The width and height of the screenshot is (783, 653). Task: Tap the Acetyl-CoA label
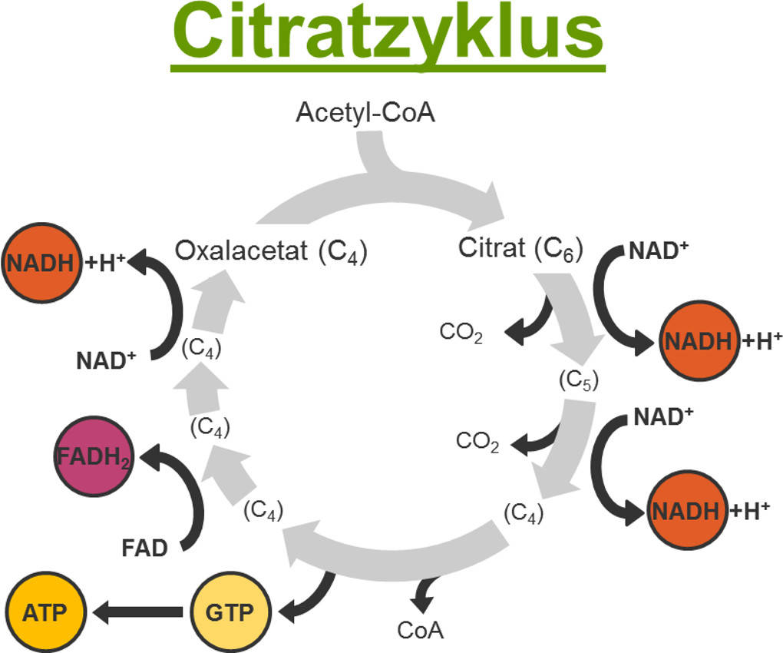(365, 113)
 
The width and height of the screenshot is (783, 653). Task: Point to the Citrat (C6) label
(520, 249)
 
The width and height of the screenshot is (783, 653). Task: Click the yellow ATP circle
(45, 612)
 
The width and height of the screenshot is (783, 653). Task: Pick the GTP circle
(230, 612)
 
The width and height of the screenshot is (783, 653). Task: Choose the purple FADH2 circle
(92, 459)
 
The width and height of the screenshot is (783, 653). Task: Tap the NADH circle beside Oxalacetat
(41, 263)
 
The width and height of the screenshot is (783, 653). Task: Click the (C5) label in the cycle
(578, 380)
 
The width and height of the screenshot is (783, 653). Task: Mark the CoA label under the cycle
(420, 630)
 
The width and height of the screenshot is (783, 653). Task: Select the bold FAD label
(144, 549)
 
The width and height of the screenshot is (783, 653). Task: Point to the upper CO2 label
(461, 333)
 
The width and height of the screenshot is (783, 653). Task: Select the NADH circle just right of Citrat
(698, 340)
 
